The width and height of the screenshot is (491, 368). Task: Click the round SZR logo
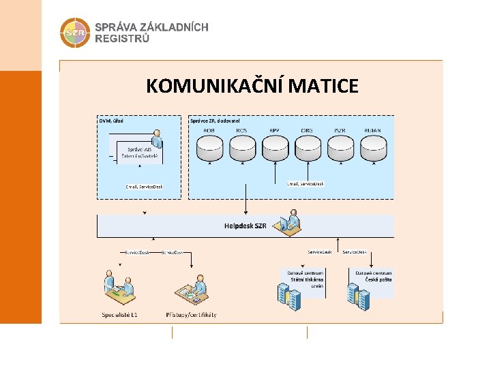74,32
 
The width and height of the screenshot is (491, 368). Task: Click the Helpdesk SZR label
245,226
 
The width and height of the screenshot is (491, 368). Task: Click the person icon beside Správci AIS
158,138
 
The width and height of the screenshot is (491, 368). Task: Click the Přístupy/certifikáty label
191,315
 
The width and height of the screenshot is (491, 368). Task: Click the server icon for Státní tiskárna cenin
288,292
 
